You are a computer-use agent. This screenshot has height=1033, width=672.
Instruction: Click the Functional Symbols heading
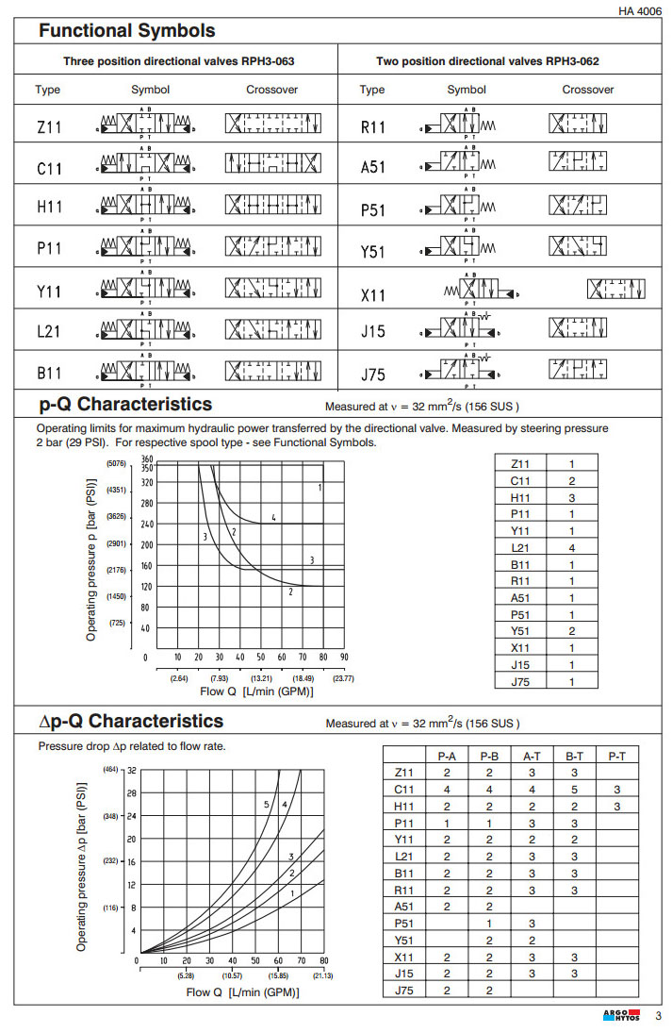pyautogui.click(x=126, y=31)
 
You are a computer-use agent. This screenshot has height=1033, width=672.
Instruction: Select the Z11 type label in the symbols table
pyautogui.click(x=48, y=125)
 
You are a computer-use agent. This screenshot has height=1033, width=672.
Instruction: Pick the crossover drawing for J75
pyautogui.click(x=577, y=369)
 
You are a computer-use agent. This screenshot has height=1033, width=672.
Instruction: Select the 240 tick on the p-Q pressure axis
pyautogui.click(x=146, y=524)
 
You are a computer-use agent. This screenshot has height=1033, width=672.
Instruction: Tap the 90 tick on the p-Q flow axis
pyautogui.click(x=344, y=657)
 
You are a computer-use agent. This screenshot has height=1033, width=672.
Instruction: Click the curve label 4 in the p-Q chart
pyautogui.click(x=273, y=517)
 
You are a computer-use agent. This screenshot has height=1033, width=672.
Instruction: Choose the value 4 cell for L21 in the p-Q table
pyautogui.click(x=571, y=548)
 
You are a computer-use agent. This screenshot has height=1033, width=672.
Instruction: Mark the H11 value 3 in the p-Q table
pyautogui.click(x=571, y=497)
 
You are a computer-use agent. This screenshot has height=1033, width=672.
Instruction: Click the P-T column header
pyautogui.click(x=616, y=756)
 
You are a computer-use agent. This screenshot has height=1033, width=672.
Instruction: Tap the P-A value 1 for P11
pyautogui.click(x=447, y=823)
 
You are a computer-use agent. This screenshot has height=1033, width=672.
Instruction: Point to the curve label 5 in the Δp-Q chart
pyautogui.click(x=268, y=804)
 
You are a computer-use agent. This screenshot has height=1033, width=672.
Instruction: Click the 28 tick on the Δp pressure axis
pyautogui.click(x=132, y=793)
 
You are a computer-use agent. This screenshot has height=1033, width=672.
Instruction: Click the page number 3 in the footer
pyautogui.click(x=659, y=1016)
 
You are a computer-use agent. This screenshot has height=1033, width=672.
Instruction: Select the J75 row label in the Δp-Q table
pyautogui.click(x=404, y=990)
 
